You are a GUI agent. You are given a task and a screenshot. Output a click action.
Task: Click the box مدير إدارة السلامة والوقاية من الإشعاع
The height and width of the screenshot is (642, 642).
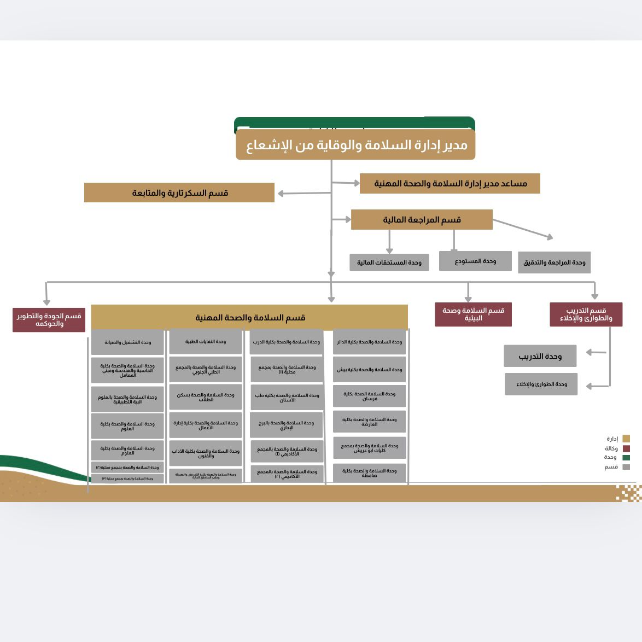pos(355,145)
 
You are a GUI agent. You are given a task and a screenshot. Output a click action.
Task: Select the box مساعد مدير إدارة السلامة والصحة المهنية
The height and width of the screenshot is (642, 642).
pos(450,184)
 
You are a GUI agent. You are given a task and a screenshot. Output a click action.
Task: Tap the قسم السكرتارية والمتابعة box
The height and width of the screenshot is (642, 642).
pos(179,193)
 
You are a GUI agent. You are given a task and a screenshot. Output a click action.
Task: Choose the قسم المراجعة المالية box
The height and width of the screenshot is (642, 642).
pos(422,220)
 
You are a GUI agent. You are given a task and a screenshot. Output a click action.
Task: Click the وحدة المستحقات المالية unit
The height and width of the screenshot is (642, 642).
pos(389,262)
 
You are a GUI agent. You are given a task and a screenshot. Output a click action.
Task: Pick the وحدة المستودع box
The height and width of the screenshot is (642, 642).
pos(475,261)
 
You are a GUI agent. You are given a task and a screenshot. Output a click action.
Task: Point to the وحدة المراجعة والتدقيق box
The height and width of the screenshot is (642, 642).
pos(554,262)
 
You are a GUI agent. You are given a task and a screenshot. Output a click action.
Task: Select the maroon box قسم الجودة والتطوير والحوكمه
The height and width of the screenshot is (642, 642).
pos(49,320)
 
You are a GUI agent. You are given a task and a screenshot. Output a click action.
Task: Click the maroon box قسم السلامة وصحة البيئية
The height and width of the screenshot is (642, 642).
pos(473,314)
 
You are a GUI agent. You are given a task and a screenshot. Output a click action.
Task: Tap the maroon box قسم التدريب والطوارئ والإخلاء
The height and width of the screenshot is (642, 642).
pos(586,314)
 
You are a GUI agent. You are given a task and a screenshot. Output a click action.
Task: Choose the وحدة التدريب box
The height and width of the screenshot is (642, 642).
pos(540,356)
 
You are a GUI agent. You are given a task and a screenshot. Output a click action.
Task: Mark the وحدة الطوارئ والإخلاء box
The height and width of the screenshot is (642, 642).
pos(541,384)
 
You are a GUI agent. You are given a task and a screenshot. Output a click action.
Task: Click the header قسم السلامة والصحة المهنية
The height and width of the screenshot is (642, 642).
pos(249,317)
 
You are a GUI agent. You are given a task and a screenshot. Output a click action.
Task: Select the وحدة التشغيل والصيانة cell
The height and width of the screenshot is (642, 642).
pos(127,342)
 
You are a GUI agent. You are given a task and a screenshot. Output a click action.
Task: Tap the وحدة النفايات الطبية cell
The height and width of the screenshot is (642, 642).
pos(205,342)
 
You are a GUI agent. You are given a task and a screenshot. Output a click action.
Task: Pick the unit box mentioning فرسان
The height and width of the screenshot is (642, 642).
pos(369,396)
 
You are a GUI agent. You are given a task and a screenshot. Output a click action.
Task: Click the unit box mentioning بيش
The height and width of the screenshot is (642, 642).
pos(369,370)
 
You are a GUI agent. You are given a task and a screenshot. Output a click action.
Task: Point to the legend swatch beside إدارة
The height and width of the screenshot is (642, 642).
pos(626,439)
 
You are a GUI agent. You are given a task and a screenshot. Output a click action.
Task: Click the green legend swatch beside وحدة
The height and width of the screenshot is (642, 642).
pos(626,458)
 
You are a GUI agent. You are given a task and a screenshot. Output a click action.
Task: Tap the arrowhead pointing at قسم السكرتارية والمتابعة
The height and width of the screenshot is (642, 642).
pos(281,194)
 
